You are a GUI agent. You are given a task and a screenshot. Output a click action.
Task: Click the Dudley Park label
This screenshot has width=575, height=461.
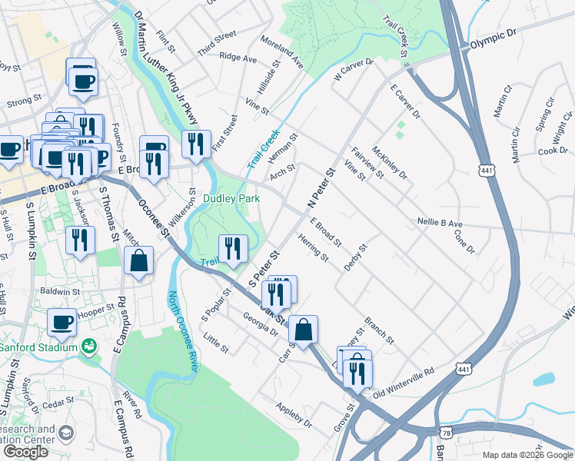(x=231, y=199)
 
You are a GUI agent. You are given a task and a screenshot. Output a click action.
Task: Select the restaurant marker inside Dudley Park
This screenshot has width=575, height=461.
(x=232, y=248)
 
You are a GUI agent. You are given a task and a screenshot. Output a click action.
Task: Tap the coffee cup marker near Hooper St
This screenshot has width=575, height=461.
(x=62, y=323)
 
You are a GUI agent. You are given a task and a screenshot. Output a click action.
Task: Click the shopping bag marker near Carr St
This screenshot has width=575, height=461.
(x=304, y=330)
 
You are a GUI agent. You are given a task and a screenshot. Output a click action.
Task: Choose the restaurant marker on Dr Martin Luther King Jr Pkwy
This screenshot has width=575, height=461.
(x=196, y=144)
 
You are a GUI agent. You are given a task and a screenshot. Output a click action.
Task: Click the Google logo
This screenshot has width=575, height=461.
(x=25, y=452)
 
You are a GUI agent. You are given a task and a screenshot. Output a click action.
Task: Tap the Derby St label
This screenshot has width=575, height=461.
(x=357, y=257)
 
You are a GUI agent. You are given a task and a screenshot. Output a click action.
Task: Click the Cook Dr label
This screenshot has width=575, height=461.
(x=552, y=151)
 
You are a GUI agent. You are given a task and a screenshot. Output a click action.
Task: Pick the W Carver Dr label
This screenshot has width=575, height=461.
(x=353, y=71)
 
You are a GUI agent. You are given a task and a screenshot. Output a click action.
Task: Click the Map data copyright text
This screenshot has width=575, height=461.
(x=527, y=455)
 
